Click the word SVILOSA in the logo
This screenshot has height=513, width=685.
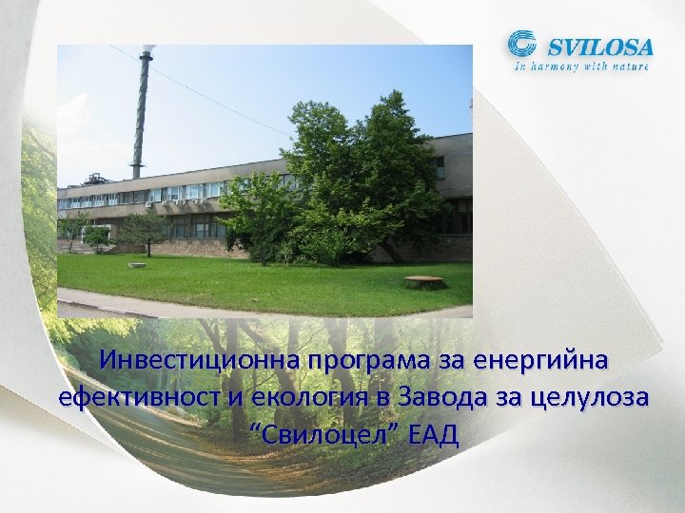tap(597, 46)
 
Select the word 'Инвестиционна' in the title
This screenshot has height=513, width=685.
tap(197, 362)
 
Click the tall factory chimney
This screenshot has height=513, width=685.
tap(142, 114)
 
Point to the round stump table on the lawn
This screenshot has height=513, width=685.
tap(423, 281)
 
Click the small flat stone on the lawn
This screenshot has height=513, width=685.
tap(137, 265)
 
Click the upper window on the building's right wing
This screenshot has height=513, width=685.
tap(440, 167)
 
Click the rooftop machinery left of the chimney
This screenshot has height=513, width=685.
tap(95, 179)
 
